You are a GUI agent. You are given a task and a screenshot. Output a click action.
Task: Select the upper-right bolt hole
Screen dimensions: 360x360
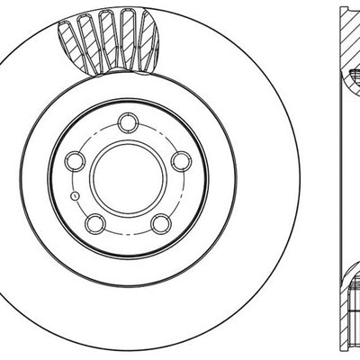180,160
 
